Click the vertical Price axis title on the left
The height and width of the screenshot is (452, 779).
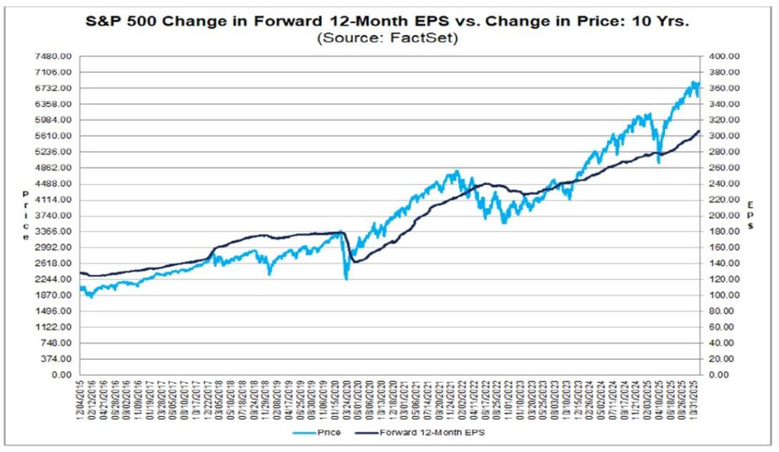tap(25, 215)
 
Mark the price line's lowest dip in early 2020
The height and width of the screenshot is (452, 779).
tap(346, 279)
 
